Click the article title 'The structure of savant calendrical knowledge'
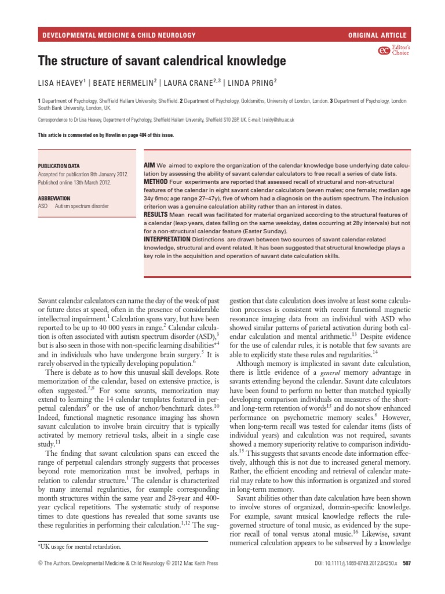162,60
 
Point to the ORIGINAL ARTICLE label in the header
377,35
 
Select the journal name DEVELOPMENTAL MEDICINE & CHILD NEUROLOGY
119,35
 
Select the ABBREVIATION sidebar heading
58,198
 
